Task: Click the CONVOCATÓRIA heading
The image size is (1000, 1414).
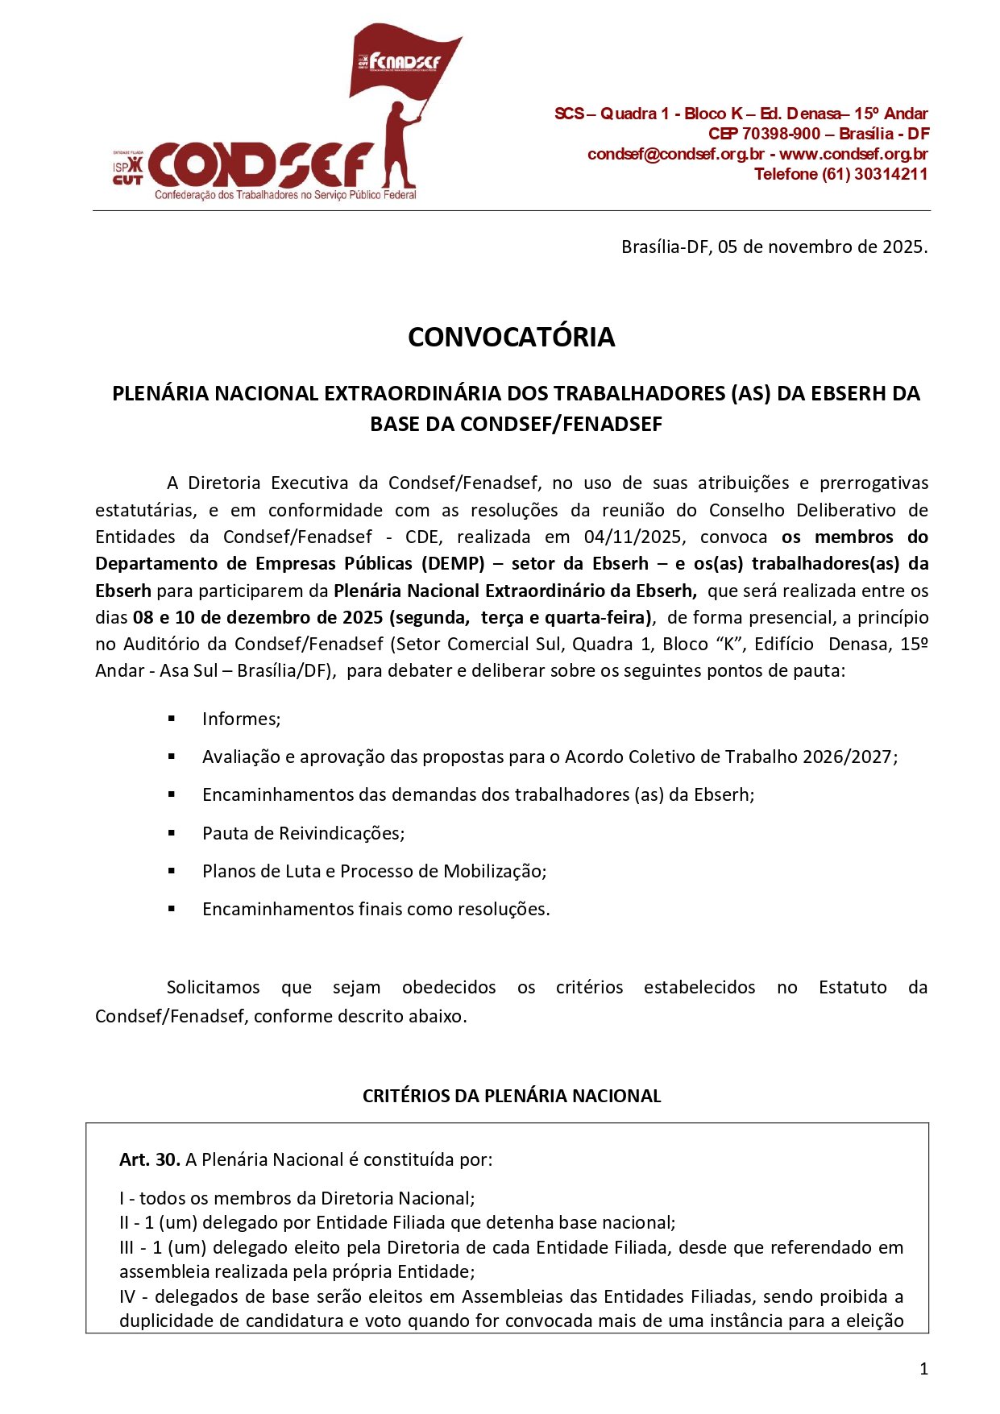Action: pos(511,337)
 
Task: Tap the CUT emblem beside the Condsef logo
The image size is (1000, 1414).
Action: pos(127,170)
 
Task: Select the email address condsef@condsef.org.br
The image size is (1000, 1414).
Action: pos(675,154)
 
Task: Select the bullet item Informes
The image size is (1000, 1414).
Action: pos(241,719)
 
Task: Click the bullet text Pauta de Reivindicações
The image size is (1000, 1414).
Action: pos(303,833)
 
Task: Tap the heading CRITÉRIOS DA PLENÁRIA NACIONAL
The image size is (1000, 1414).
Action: pos(512,1096)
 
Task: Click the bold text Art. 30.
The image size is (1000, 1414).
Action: pos(149,1159)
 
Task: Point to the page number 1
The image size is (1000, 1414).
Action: pos(923,1368)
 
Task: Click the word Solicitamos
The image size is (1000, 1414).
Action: pos(213,987)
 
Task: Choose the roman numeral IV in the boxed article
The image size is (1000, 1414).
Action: pos(127,1296)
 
